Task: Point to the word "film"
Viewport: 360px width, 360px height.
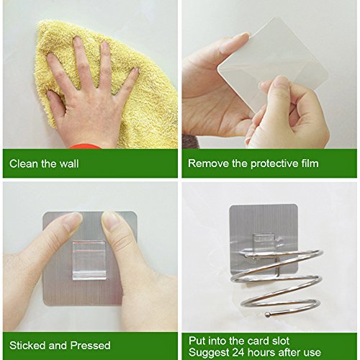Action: tap(310, 163)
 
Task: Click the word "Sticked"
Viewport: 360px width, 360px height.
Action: tap(27, 346)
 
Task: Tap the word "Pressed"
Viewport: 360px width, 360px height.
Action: tap(91, 346)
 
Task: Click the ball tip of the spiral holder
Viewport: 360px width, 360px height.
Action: tap(267, 314)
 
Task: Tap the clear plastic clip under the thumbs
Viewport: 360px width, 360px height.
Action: tap(89, 261)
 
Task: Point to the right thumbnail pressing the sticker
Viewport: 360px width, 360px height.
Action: tap(109, 220)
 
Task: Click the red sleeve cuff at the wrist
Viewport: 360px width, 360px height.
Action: tap(85, 146)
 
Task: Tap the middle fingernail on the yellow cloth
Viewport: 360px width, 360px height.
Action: tap(77, 41)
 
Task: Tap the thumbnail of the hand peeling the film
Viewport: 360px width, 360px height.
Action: tap(282, 81)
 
